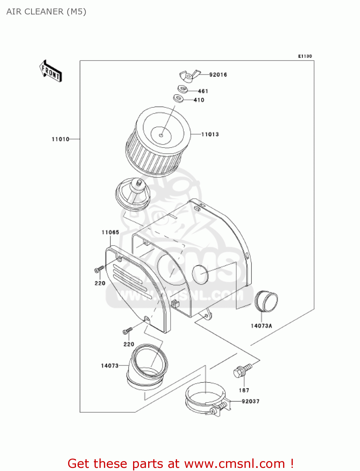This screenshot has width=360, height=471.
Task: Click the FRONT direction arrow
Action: click(51, 71)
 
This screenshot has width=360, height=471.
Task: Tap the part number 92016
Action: click(218, 75)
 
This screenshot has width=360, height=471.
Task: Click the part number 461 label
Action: click(203, 91)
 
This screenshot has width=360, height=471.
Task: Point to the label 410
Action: click(199, 100)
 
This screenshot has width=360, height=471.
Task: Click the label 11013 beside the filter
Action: click(210, 134)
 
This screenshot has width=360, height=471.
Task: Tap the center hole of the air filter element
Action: click(161, 135)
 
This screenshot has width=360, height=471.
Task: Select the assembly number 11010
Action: click(60, 139)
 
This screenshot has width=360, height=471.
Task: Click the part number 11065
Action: click(110, 232)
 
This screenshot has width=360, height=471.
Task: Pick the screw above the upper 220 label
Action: click(99, 269)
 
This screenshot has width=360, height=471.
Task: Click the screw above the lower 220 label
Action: click(128, 331)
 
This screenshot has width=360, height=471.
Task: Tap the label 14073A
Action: click(261, 326)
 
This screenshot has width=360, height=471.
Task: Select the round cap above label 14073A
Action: click(266, 301)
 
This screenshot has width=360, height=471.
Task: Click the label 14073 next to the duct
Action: click(110, 365)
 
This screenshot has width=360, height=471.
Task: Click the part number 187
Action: click(244, 390)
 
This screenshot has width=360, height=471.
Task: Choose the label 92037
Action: click(250, 401)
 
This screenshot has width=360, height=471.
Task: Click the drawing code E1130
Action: click(305, 56)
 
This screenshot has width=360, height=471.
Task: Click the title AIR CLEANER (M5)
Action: click(46, 12)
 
